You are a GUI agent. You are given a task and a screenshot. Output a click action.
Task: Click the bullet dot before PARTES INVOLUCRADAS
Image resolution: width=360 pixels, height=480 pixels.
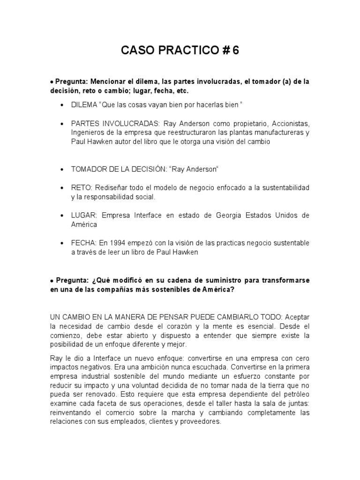point(62,123)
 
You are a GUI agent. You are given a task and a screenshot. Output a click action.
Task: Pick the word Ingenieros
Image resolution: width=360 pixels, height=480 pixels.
point(86,132)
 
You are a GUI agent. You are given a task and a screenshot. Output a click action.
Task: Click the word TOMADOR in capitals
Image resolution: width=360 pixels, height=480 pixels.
point(88,169)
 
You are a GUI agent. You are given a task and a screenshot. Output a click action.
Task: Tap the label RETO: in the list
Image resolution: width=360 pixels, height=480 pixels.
point(81,187)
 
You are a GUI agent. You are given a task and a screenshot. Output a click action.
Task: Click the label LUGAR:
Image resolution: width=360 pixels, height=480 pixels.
point(84,215)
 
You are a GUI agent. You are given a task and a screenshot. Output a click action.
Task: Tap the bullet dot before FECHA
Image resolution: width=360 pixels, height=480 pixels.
point(62,243)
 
